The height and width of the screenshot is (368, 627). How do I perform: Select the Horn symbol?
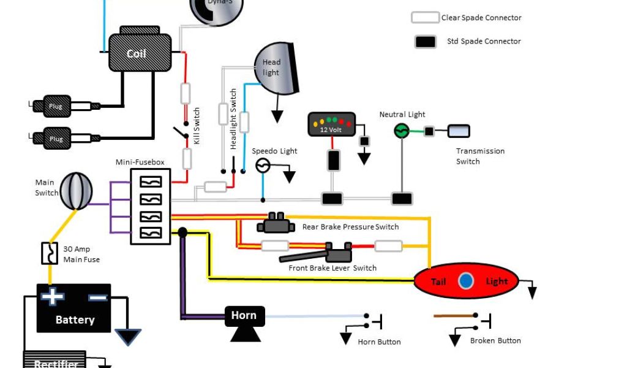pyautogui.click(x=244, y=321)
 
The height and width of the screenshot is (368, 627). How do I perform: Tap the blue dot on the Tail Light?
pyautogui.click(x=467, y=281)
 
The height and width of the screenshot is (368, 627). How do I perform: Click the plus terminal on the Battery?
pyautogui.click(x=53, y=297)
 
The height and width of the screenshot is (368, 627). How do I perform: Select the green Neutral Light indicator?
pyautogui.click(x=401, y=130)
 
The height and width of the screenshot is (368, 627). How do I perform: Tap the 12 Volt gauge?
pyautogui.click(x=331, y=125)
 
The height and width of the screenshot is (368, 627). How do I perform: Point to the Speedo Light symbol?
pyautogui.click(x=263, y=165)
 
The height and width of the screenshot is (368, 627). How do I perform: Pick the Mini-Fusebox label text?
pyautogui.click(x=140, y=163)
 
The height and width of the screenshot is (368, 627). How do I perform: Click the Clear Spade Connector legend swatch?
pyautogui.click(x=425, y=18)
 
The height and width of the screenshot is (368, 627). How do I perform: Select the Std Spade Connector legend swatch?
pyautogui.click(x=425, y=42)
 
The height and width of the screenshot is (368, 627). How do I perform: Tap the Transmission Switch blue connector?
pyautogui.click(x=459, y=131)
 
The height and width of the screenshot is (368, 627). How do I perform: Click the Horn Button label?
pyautogui.click(x=379, y=342)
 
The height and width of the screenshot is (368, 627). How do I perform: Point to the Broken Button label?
pyautogui.click(x=495, y=340)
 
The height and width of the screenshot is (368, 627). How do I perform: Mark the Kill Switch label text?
pyautogui.click(x=197, y=126)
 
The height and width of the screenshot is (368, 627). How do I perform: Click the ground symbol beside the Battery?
pyautogui.click(x=127, y=336)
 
